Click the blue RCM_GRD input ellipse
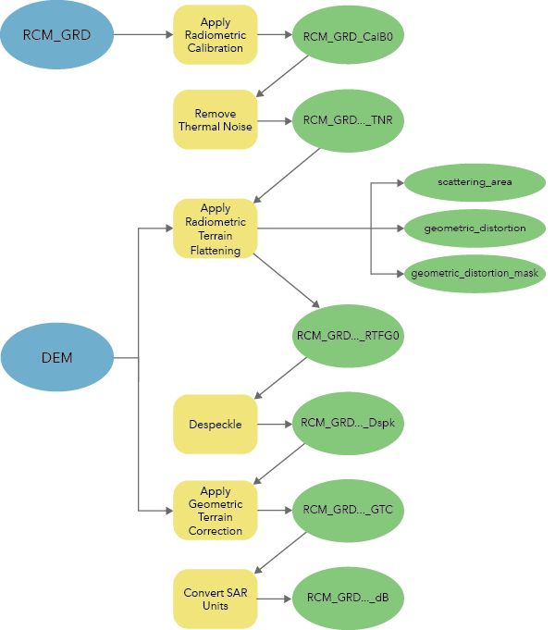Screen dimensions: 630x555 coord(56,36)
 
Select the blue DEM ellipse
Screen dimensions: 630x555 coord(56,357)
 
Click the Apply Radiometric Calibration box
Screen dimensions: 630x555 coord(215,35)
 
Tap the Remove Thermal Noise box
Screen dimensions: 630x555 coord(215,120)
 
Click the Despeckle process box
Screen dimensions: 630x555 coord(215,425)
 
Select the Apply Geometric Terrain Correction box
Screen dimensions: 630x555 coord(215,511)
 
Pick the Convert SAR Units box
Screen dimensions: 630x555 coord(215,598)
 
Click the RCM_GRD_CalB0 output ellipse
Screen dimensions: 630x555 coord(348,36)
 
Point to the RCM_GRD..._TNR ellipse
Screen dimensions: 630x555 coord(348,120)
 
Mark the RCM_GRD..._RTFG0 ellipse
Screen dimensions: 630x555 coord(348,335)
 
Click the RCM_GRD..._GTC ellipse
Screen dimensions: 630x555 coord(348,510)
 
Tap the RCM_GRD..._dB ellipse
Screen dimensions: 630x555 coord(348,598)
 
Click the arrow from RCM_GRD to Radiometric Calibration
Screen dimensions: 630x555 coord(142,36)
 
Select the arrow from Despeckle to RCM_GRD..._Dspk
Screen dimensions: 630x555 coord(274,425)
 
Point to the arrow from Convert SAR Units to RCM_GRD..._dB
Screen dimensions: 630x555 coord(274,598)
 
